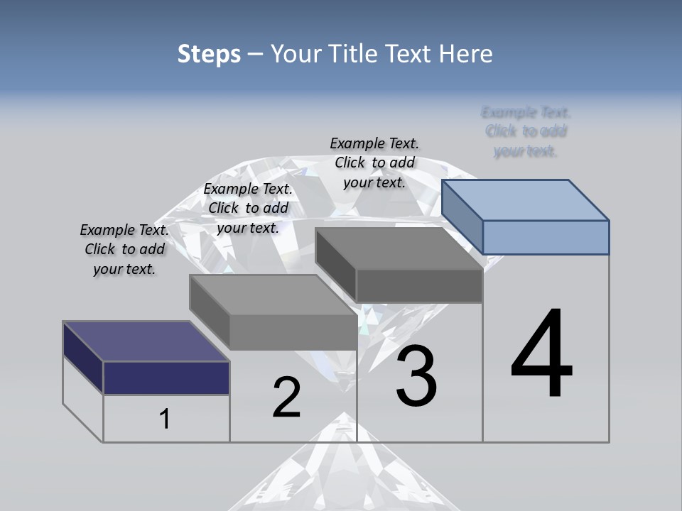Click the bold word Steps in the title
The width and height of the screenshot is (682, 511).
[x=209, y=54]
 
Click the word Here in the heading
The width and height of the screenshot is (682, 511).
[x=466, y=54]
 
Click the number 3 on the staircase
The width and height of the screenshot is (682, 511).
[x=416, y=376]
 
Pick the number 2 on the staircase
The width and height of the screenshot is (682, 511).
[x=286, y=397]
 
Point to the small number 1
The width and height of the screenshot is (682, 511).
[x=165, y=419]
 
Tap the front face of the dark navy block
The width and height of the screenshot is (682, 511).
[x=166, y=378]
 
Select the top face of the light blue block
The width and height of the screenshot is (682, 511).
[x=525, y=199]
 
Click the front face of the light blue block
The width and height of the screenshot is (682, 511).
[x=546, y=237]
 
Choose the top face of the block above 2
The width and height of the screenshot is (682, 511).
[x=273, y=294]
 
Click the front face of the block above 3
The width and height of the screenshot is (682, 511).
[x=419, y=286]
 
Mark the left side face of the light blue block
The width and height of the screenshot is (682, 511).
[x=462, y=216]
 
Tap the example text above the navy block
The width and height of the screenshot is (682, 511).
[x=124, y=250]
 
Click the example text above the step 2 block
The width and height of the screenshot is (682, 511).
[x=248, y=208]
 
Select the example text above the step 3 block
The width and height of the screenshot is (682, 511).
[x=374, y=163]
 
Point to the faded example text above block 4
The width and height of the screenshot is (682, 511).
[x=526, y=131]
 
